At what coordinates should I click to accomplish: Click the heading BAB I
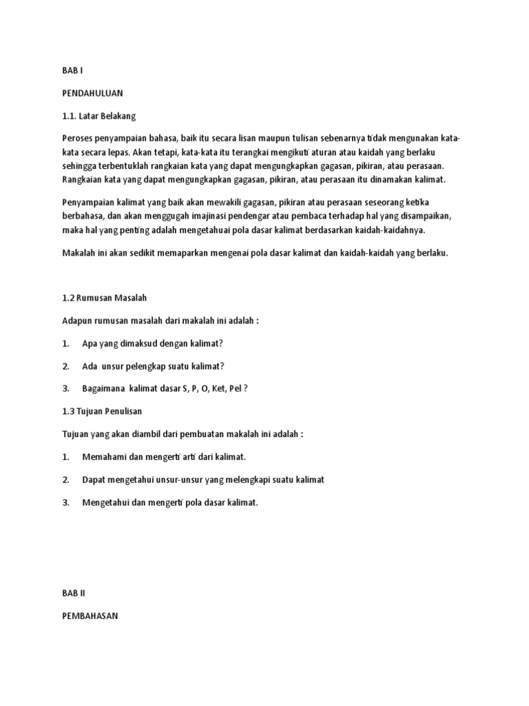tap(72, 70)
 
